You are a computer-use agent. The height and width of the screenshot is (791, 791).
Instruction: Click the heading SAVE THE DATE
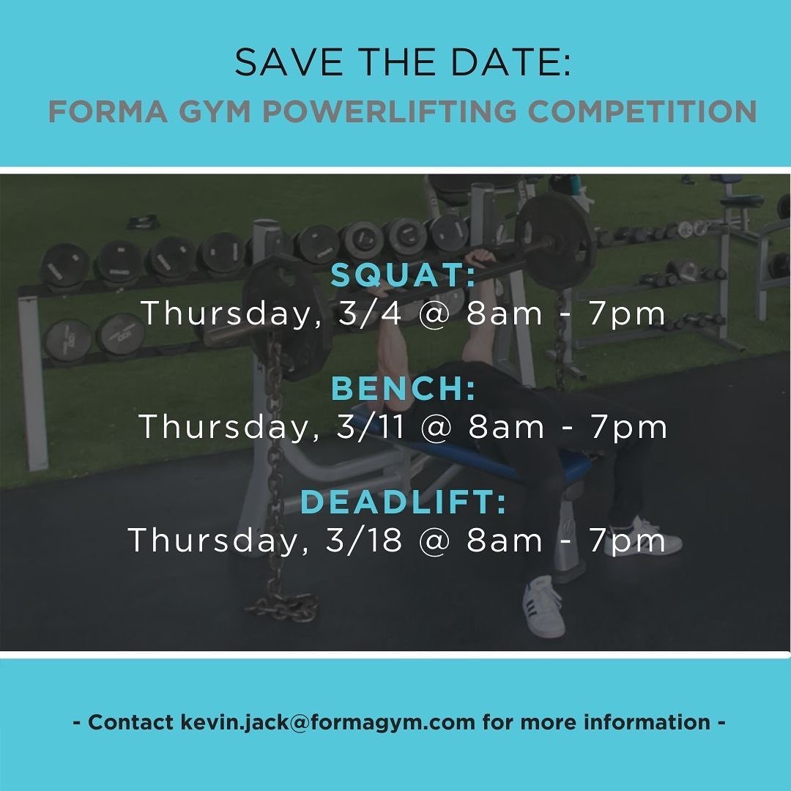point(403,62)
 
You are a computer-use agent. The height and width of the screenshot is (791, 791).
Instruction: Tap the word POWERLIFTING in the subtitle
point(390,111)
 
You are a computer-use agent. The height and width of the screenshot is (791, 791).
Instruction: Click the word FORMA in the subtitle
point(108,111)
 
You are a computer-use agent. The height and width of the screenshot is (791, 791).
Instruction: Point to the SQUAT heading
point(403,275)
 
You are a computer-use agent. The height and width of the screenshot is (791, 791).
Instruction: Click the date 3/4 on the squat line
point(371,313)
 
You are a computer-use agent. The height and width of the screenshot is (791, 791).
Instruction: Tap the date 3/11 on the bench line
point(371,426)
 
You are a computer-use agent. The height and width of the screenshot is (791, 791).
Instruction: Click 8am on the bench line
point(506,427)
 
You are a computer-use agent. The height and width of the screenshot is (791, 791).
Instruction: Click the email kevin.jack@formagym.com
point(327,722)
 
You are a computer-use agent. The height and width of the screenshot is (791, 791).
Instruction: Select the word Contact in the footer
point(130,722)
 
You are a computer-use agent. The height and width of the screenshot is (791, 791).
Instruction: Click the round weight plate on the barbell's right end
point(555,239)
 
